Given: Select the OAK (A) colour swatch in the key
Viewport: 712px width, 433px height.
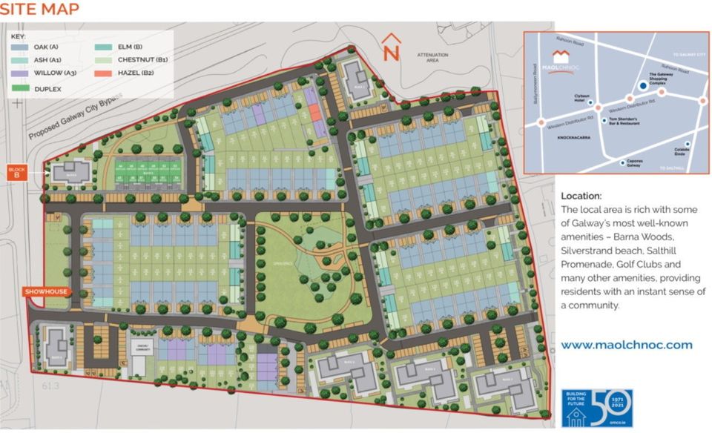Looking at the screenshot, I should pyautogui.click(x=20, y=47).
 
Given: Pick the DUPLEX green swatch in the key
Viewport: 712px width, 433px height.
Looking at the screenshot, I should pyautogui.click(x=20, y=88).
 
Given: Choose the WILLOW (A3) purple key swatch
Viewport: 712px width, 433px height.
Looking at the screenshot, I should pyautogui.click(x=20, y=73).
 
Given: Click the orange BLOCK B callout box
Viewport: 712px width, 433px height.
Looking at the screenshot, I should pyautogui.click(x=16, y=173).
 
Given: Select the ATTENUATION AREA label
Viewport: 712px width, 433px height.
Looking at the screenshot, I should pyautogui.click(x=433, y=59).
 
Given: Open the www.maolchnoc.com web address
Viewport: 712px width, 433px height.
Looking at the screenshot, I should pyautogui.click(x=626, y=345).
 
